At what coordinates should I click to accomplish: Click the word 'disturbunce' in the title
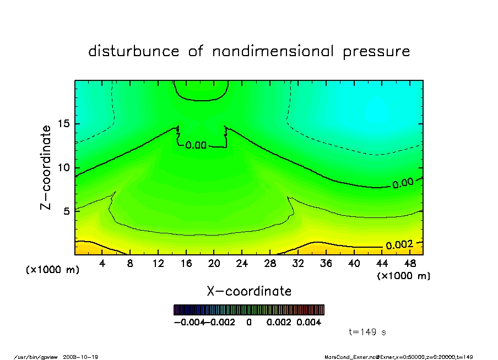click(x=134, y=52)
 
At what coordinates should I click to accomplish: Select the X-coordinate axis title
click(x=249, y=291)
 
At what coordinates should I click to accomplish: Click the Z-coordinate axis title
click(x=46, y=167)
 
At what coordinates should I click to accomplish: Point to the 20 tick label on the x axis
click(x=214, y=264)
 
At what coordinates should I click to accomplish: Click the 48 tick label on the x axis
click(x=410, y=264)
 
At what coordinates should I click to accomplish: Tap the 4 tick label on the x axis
click(x=102, y=264)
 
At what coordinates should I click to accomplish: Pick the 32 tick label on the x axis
click(x=298, y=264)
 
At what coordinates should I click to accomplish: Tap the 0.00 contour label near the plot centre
click(x=196, y=146)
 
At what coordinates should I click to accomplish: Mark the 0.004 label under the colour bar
click(x=309, y=322)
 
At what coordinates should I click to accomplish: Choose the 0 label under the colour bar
click(x=249, y=322)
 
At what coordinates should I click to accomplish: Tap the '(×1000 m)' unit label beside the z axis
click(x=53, y=270)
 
